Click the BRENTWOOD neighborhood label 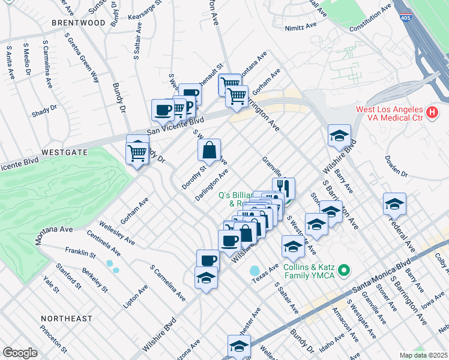[78, 23]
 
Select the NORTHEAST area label [67, 318]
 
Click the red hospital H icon [431, 113]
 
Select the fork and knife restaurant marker [283, 188]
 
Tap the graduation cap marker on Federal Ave [394, 204]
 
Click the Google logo [20, 353]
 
